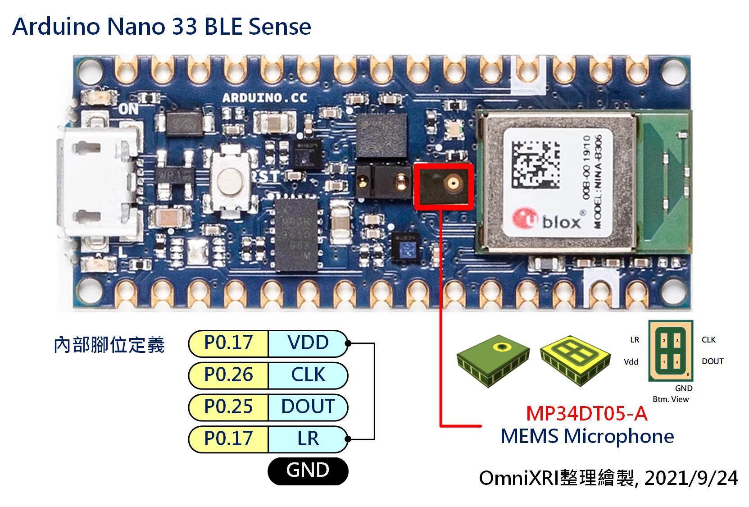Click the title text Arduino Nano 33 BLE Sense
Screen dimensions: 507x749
coord(162,27)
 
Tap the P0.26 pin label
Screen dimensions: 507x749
coord(228,375)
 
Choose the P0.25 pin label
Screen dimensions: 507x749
coord(228,407)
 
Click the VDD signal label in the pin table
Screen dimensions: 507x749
coord(308,343)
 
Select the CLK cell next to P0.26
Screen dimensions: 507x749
coord(308,375)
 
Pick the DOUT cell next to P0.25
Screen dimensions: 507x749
coord(308,407)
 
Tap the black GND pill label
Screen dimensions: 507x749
coord(308,470)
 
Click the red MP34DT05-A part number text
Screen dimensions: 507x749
coord(586,413)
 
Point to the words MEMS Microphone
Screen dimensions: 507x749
coord(587,436)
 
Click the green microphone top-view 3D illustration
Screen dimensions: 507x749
coord(493,361)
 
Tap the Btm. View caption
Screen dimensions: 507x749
coord(671,399)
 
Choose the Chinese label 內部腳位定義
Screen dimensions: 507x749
coord(109,346)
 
